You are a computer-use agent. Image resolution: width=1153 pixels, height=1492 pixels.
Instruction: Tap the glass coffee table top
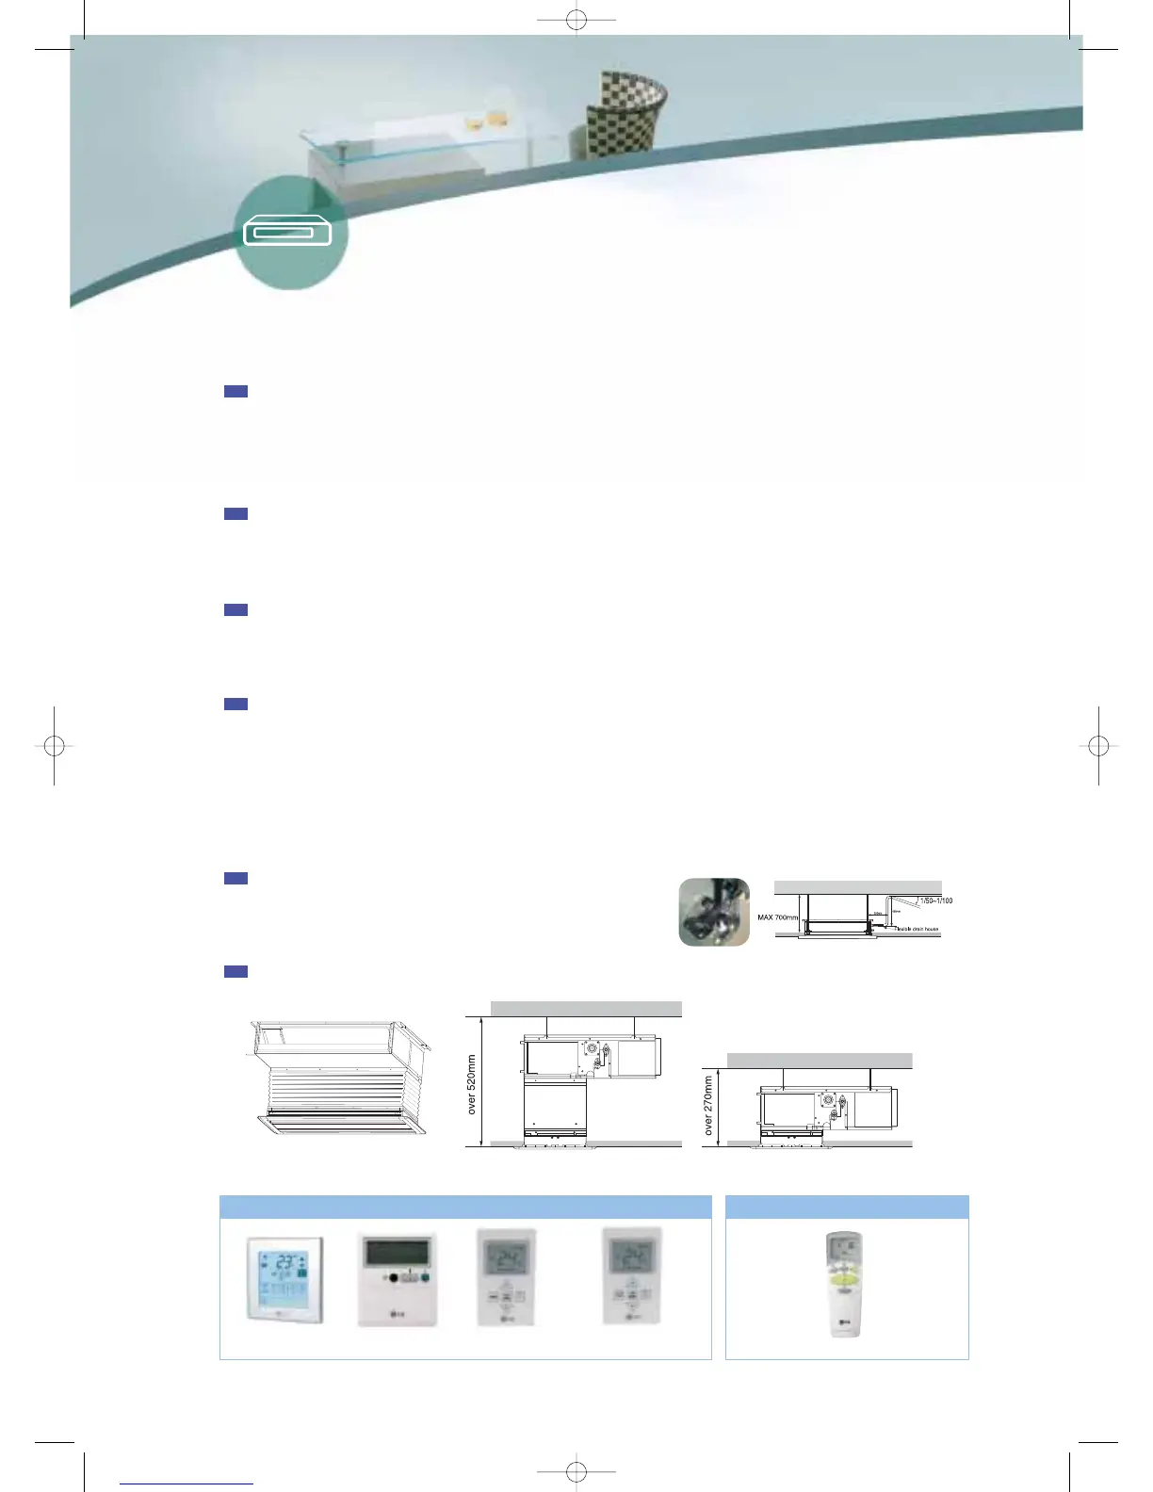tap(424, 133)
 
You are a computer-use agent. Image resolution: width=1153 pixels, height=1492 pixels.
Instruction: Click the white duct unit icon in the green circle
tap(288, 232)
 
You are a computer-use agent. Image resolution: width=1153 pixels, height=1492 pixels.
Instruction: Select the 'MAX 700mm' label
tap(777, 916)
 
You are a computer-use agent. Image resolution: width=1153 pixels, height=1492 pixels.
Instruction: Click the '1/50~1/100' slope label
tap(935, 900)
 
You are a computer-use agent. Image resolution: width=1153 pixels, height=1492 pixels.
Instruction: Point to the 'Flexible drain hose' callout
tap(917, 929)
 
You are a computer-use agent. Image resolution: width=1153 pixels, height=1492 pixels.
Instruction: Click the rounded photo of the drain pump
tap(714, 912)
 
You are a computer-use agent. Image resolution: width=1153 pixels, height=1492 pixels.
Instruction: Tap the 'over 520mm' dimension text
tap(472, 1084)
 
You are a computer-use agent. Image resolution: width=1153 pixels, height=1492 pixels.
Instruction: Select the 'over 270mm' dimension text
tap(708, 1106)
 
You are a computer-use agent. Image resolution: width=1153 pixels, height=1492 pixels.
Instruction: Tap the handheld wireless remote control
tap(845, 1283)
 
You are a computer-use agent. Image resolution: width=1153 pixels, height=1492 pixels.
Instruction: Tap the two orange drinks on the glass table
tap(484, 121)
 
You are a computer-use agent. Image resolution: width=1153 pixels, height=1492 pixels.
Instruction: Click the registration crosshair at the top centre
tap(576, 20)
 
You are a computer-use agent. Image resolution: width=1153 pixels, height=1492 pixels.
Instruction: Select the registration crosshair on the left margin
tap(55, 746)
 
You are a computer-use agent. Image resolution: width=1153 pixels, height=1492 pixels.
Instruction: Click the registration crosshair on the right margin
tap(1098, 746)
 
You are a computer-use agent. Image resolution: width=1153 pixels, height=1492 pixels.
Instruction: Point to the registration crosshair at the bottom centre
tap(576, 1471)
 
